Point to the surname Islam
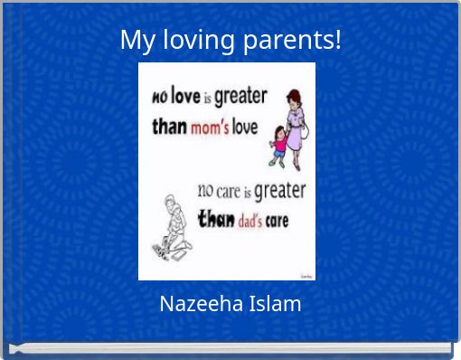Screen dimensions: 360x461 [274, 304]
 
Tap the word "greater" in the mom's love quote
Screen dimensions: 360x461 [240, 97]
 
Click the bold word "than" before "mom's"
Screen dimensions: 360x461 [169, 127]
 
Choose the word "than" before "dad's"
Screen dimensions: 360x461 [216, 219]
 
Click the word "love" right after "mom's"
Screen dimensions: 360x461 [245, 127]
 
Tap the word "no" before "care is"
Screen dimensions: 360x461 [205, 192]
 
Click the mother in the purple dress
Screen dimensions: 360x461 [295, 122]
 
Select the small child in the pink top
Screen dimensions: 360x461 [278, 145]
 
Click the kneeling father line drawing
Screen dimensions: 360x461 [173, 226]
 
